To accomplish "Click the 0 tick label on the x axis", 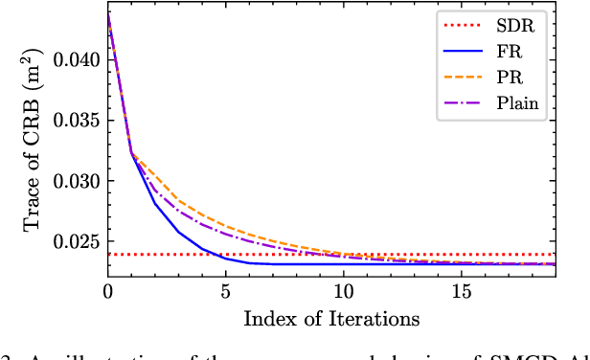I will point(108,290).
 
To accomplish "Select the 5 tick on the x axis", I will point(226,290).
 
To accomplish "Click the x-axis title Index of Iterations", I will point(331,317).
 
